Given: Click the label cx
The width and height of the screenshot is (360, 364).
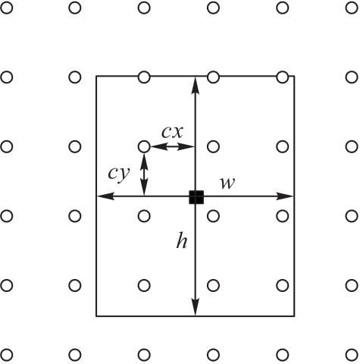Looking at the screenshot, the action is (x=172, y=132).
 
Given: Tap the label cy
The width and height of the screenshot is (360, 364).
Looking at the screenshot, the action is (x=119, y=174).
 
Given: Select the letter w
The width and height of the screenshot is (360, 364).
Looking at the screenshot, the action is (x=227, y=183).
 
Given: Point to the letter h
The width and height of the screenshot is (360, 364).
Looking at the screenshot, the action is (x=182, y=240).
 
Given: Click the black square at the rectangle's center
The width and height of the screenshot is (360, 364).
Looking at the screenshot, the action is (x=196, y=197).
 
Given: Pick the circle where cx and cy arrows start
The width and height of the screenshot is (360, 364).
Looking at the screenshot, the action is (x=144, y=146).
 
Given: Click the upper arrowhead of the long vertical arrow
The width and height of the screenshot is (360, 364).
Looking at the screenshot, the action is (x=195, y=86).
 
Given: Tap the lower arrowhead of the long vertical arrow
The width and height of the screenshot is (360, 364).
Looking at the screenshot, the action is (x=196, y=307).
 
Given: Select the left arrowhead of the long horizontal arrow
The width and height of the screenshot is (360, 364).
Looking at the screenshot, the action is (x=106, y=196).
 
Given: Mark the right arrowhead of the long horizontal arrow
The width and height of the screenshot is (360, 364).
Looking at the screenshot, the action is (x=285, y=196).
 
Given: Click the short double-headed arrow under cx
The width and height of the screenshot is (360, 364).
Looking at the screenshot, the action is (x=173, y=146).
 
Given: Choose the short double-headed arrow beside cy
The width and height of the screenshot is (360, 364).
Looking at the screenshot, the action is (x=144, y=174).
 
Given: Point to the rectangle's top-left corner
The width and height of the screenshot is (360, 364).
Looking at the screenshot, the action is (x=96, y=76).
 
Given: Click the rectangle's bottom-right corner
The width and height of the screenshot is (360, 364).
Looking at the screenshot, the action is (x=294, y=316).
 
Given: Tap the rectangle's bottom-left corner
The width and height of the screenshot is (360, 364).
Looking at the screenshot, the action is (x=96, y=316).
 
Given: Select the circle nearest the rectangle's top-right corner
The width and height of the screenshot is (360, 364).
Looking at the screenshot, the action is (x=283, y=77).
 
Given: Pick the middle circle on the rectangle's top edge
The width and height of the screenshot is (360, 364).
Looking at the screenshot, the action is (x=214, y=77).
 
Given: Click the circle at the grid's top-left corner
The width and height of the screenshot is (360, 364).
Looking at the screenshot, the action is (x=7, y=8).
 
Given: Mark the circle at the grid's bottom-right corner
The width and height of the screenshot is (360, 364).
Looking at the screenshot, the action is (x=352, y=355).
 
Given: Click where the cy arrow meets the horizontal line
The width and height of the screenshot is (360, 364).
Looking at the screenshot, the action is (x=144, y=196).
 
